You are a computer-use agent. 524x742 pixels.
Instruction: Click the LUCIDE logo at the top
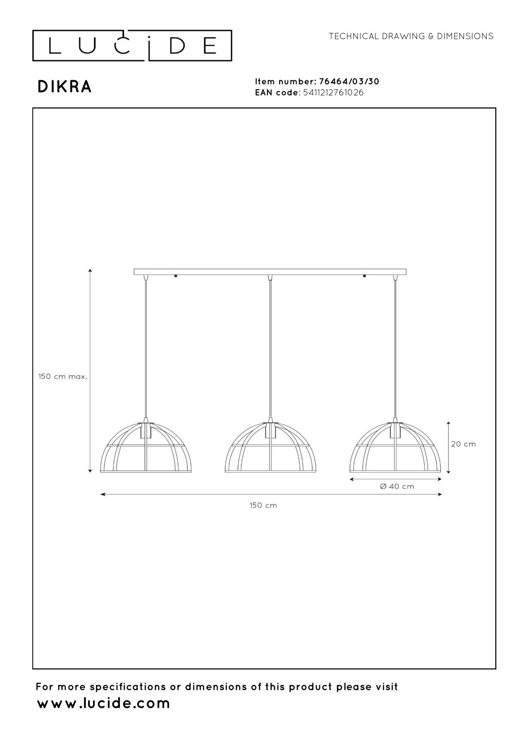tap(132, 46)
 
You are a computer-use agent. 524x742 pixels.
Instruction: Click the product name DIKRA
tap(65, 87)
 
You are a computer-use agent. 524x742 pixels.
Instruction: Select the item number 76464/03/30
tap(349, 81)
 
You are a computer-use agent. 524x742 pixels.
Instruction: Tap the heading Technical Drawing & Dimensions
tap(411, 36)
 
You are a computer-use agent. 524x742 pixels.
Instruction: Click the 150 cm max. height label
tap(63, 377)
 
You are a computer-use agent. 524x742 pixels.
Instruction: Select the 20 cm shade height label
tap(463, 444)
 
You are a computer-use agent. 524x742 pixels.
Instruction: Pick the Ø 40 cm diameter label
tap(397, 486)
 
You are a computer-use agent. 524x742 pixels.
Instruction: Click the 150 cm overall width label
tap(263, 505)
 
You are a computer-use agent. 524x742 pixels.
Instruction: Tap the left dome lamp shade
tap(146, 449)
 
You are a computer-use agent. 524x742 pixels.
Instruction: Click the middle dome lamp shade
tap(270, 449)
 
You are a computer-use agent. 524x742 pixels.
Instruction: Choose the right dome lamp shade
tap(395, 449)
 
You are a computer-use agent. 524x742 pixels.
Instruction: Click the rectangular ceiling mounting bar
tap(270, 272)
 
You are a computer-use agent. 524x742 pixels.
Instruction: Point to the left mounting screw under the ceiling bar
tap(176, 276)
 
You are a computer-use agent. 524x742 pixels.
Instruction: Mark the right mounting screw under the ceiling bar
tap(365, 276)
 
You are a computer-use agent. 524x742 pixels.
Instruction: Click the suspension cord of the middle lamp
tap(270, 350)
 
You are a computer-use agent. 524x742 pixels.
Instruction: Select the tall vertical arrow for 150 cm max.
tap(90, 371)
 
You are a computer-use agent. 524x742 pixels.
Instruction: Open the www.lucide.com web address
tap(103, 703)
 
